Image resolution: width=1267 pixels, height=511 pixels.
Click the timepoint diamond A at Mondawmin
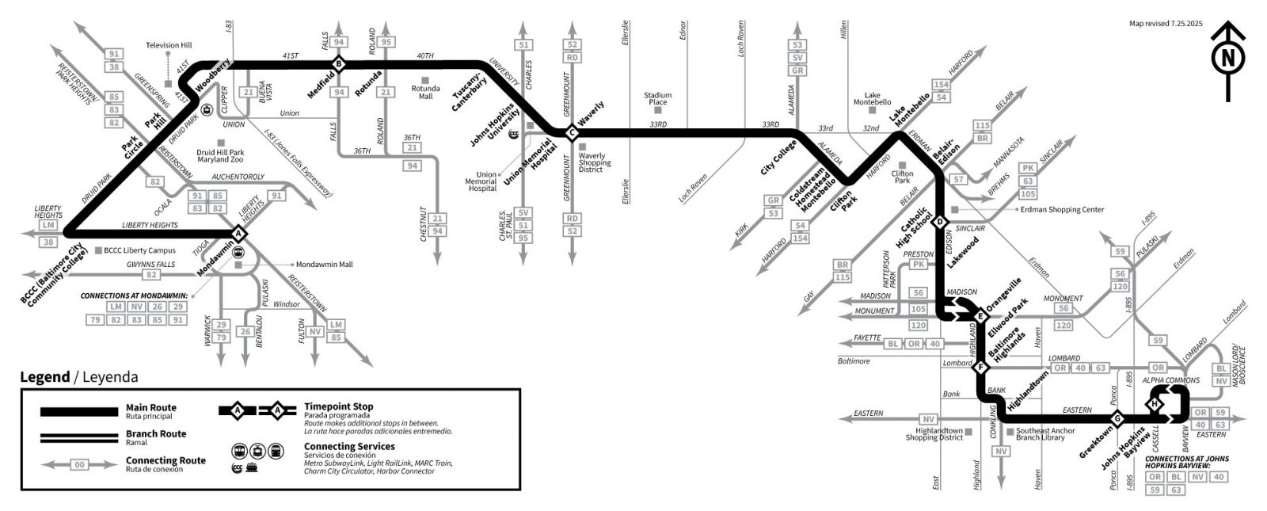pos(238,233)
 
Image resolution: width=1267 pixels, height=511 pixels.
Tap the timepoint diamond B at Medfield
pos(339,63)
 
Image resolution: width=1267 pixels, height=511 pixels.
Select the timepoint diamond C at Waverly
pos(572,133)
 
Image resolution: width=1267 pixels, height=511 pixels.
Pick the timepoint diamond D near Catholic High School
pos(941,222)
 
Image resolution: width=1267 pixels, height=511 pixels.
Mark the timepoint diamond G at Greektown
pos(1118,418)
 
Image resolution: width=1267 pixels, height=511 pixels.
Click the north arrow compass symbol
pos(1228,59)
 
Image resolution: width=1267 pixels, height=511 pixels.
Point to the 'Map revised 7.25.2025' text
pos(1166,24)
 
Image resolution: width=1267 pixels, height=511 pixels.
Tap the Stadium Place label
pos(657,98)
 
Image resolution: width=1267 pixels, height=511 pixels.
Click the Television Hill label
pos(169,45)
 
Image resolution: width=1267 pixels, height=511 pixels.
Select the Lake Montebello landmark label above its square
pos(872,98)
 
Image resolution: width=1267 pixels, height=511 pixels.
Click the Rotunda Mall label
pos(425,92)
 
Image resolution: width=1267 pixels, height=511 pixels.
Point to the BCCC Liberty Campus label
pos(139,250)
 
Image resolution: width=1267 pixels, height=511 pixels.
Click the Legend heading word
pos(44,377)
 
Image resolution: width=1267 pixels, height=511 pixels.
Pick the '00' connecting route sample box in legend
pos(79,465)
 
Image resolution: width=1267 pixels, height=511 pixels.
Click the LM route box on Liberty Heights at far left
pos(49,226)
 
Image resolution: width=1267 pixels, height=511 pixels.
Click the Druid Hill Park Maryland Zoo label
pos(220,156)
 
